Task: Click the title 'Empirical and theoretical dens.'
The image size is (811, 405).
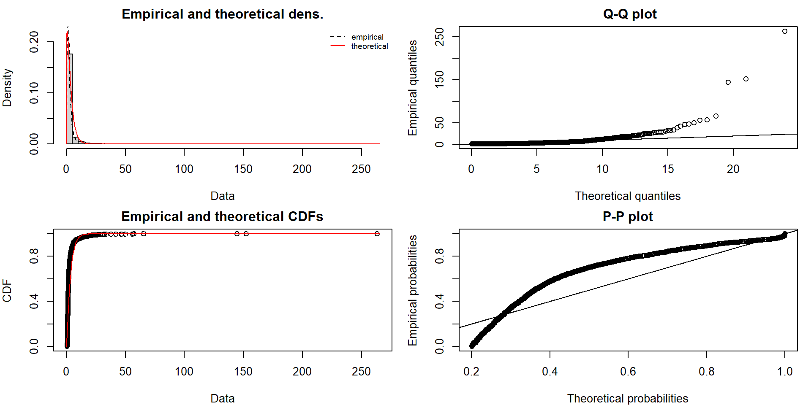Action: pyautogui.click(x=222, y=14)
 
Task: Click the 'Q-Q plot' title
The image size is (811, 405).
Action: pyautogui.click(x=629, y=14)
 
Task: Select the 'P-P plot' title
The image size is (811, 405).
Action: pyautogui.click(x=628, y=216)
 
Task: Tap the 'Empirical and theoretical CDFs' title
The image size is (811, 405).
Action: pyautogui.click(x=222, y=216)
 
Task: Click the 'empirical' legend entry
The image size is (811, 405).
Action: pyautogui.click(x=367, y=37)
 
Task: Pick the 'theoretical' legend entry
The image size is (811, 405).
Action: pyautogui.click(x=369, y=46)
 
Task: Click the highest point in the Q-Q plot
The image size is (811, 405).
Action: pyautogui.click(x=785, y=31)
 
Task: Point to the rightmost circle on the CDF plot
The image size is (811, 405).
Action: pyautogui.click(x=377, y=234)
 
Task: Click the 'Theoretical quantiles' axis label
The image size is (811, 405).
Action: pyautogui.click(x=628, y=196)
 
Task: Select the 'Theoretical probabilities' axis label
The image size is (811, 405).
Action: pyautogui.click(x=628, y=399)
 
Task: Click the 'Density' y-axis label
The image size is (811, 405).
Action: pyautogui.click(x=7, y=88)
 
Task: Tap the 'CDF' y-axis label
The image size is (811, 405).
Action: pyautogui.click(x=7, y=291)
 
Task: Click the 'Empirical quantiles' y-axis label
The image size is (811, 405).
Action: pyautogui.click(x=413, y=88)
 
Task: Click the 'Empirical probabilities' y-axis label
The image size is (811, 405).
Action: pyautogui.click(x=413, y=291)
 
